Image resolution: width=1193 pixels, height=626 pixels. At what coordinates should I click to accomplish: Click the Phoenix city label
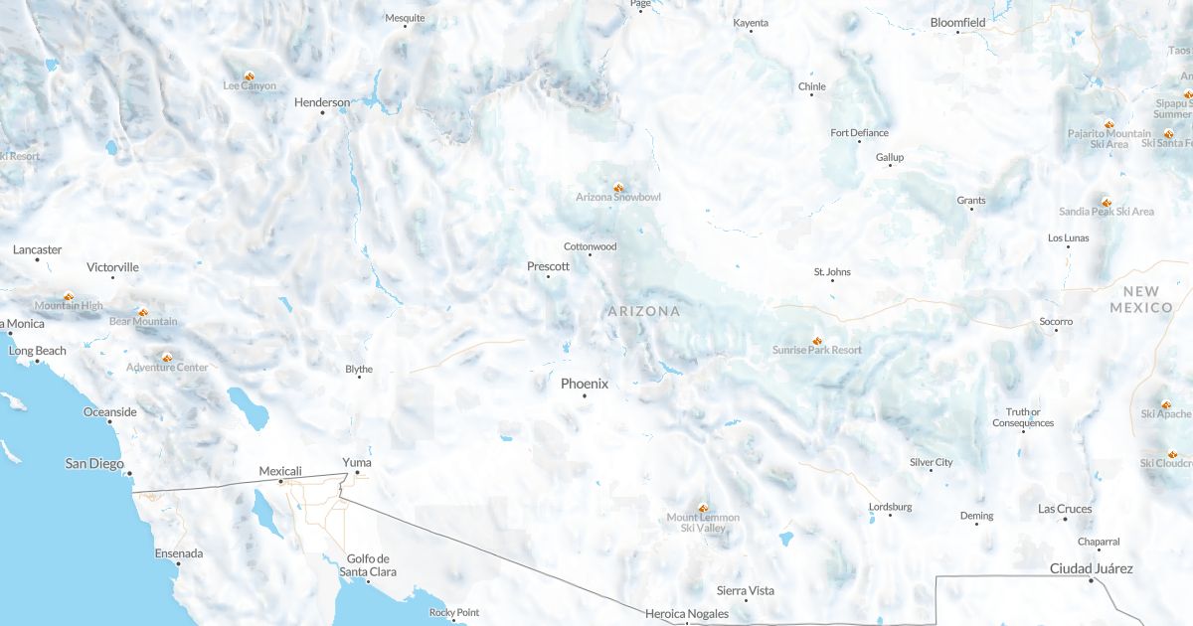pos(584,384)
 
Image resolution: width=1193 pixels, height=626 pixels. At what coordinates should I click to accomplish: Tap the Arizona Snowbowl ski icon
pos(618,186)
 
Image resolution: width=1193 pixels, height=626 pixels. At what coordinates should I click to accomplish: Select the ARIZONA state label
pos(644,311)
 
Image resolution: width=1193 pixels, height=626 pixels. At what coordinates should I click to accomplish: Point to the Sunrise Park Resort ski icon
pos(817,339)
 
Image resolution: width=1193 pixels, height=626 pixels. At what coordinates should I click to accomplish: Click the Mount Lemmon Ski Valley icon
pos(703,507)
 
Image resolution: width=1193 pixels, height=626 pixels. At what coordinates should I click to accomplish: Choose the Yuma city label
pos(356,462)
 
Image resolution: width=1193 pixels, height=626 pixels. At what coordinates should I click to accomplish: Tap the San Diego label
pos(94,463)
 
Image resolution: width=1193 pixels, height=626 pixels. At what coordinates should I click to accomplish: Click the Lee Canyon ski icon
pos(250,75)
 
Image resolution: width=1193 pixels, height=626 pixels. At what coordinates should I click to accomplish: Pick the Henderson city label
pos(322,102)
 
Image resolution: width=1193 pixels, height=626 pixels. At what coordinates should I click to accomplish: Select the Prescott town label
pos(548,266)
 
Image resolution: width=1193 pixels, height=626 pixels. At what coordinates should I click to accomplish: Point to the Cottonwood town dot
pos(590,255)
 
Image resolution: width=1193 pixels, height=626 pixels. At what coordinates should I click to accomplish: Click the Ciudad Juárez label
pos(1091,568)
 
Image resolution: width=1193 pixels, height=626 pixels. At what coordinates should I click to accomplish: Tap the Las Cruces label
pos(1065,509)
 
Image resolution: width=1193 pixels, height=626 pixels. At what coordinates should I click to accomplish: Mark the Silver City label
pos(931,462)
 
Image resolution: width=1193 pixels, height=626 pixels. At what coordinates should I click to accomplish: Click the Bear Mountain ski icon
pos(143,311)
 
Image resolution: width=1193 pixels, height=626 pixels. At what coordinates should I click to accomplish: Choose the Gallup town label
pos(890,157)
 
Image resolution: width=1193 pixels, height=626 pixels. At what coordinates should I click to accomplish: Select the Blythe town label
pos(359,370)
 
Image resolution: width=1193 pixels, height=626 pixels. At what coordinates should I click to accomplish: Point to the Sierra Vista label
pos(746,590)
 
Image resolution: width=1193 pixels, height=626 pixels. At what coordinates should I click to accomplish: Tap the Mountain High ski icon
pos(69,295)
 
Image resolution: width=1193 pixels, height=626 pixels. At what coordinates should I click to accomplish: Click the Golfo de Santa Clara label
pos(368,564)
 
